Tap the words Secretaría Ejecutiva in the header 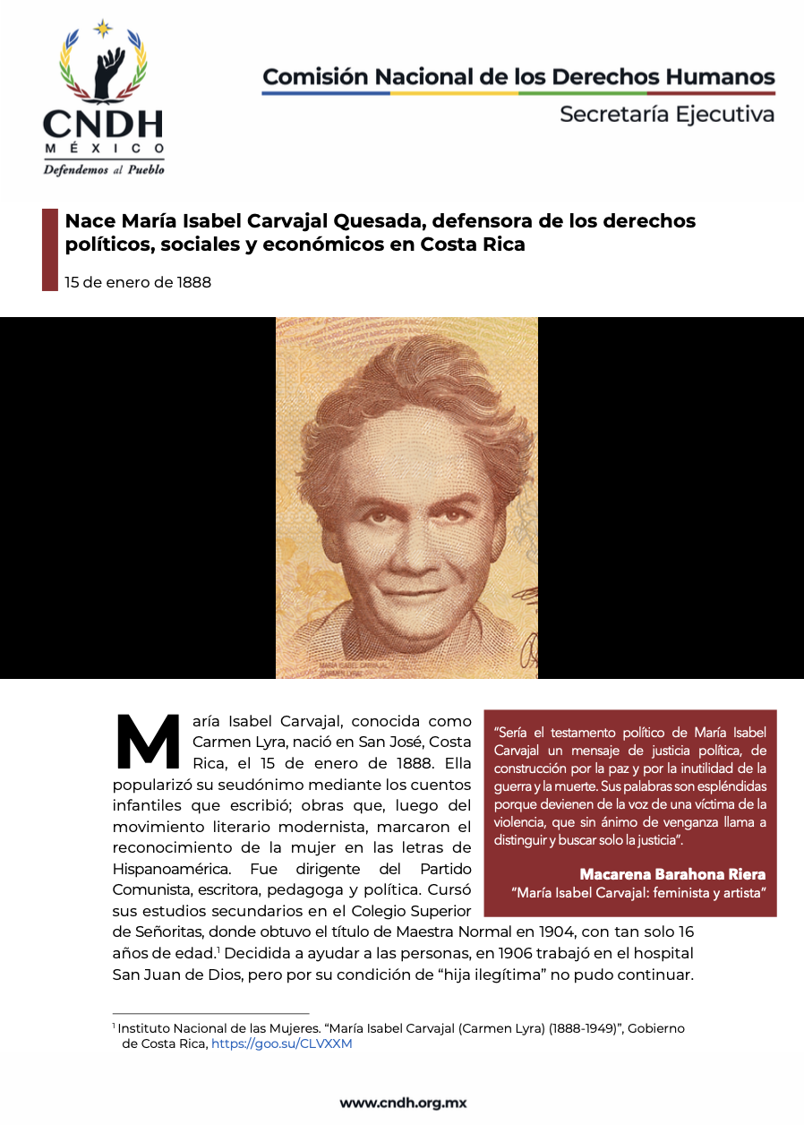point(666,115)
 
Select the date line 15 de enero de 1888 point(138,283)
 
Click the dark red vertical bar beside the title point(50,249)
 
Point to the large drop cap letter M point(149,743)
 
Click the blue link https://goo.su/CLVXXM point(282,1043)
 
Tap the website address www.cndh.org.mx point(403,1103)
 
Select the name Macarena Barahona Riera point(672,874)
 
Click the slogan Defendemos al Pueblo point(104,169)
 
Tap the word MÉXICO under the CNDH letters point(104,148)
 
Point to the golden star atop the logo point(104,29)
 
